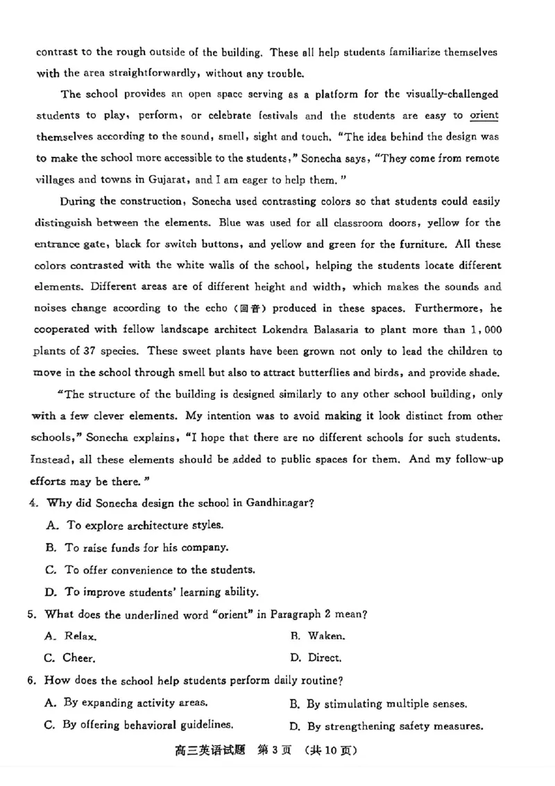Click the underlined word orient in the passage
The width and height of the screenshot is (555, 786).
(484, 115)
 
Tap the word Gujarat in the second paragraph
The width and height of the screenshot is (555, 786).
(169, 179)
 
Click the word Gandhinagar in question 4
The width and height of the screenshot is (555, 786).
(284, 503)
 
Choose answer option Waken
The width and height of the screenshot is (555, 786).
(326, 635)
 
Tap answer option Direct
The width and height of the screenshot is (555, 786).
(324, 658)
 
